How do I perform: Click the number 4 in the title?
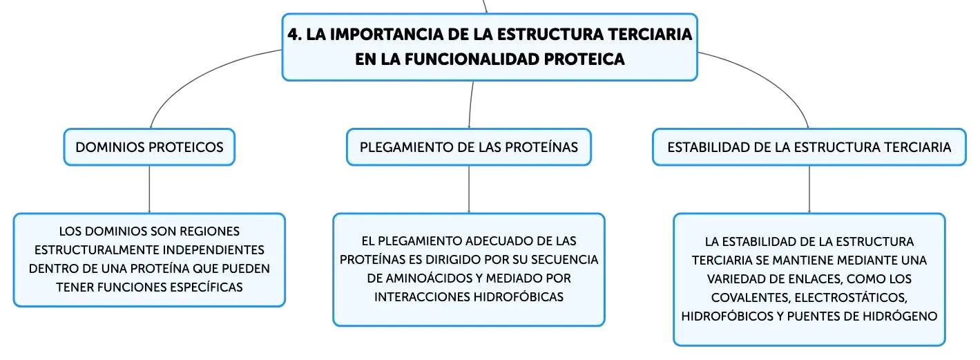pyautogui.click(x=294, y=34)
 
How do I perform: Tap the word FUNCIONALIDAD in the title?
pyautogui.click(x=472, y=59)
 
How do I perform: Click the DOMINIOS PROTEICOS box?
pyautogui.click(x=149, y=147)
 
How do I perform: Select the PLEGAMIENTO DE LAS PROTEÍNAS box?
pyautogui.click(x=468, y=147)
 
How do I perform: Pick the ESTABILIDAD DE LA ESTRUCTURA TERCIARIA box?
pyautogui.click(x=809, y=147)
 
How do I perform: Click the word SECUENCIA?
pyautogui.click(x=564, y=260)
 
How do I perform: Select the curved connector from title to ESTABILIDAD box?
pyautogui.click(x=770, y=79)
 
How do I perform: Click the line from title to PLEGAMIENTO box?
pyautogui.click(x=470, y=104)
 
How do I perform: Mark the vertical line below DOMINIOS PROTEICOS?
pyautogui.click(x=149, y=189)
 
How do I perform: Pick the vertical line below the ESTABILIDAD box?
pyautogui.click(x=809, y=189)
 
